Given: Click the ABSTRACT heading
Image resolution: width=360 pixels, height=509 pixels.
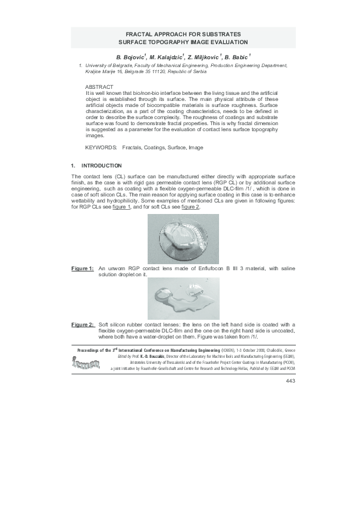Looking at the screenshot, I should click(99, 87).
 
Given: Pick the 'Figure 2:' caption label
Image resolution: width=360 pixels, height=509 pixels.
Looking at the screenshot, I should click(82, 325).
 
